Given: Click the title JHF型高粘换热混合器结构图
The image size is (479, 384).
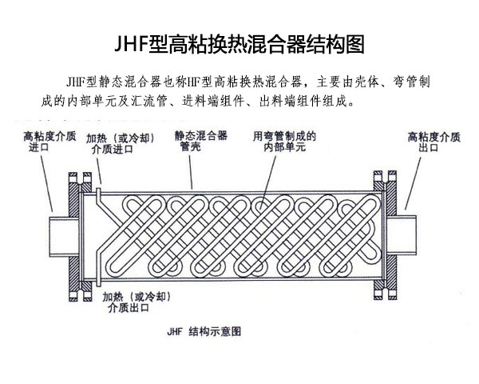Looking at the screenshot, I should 239,43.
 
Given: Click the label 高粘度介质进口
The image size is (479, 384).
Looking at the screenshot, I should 43,142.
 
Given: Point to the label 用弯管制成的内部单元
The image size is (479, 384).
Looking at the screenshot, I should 283,142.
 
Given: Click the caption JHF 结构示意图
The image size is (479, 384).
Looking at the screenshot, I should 204,330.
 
